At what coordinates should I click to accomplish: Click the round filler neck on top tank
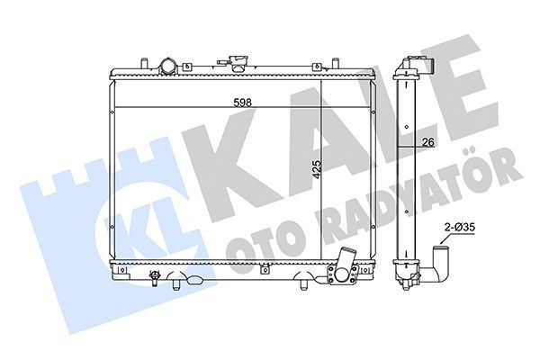(167, 66)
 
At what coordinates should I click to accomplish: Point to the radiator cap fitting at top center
(238, 64)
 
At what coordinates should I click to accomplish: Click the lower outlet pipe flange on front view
(342, 272)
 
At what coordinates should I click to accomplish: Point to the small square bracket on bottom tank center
(264, 268)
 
